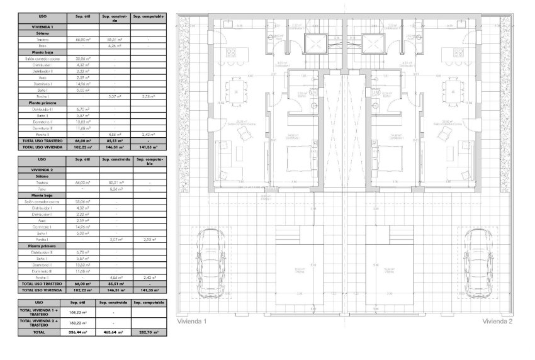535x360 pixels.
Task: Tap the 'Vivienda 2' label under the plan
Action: [497, 321]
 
